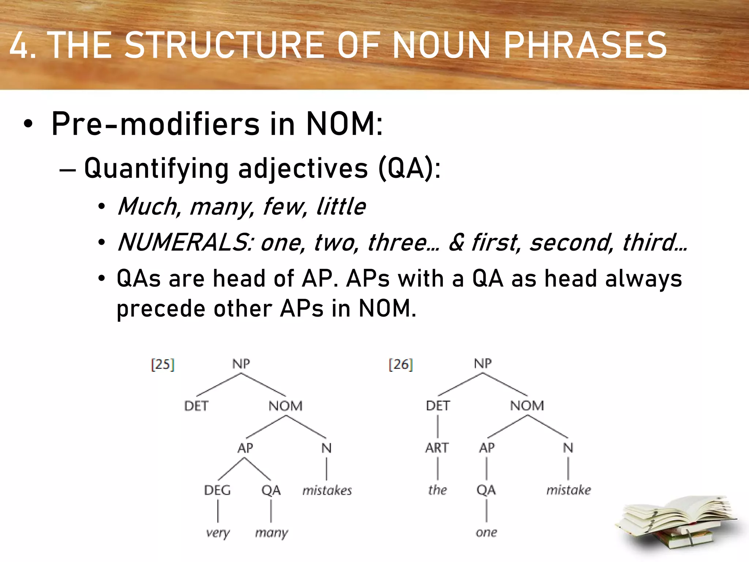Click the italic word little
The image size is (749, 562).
(340, 206)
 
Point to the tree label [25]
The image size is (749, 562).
(163, 364)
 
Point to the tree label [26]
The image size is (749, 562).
(401, 364)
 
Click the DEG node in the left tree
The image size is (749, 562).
(217, 490)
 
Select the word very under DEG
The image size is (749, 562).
(218, 533)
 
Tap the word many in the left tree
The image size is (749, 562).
(271, 533)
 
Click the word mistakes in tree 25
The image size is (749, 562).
(327, 490)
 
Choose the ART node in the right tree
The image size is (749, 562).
(437, 448)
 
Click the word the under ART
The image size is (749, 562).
(437, 490)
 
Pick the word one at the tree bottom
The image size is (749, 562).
(486, 532)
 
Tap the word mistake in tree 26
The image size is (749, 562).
(568, 490)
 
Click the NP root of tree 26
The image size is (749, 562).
(483, 364)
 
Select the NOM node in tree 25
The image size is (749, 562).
(286, 406)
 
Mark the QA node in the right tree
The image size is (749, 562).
(486, 490)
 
